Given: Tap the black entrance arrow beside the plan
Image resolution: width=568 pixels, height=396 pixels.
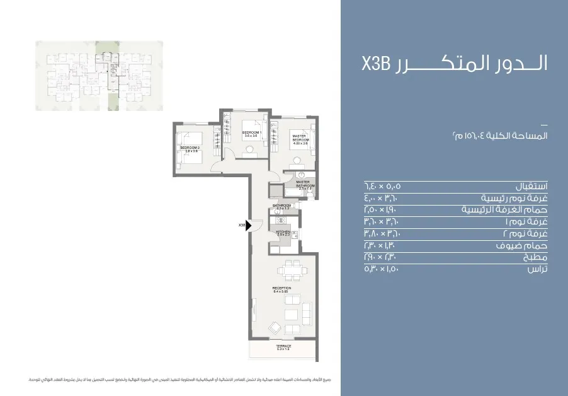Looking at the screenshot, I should pyautogui.click(x=250, y=224).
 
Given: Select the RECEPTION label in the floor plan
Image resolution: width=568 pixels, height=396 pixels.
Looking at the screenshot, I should pyautogui.click(x=281, y=289).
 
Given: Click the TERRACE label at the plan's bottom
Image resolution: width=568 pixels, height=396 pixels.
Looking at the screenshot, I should pyautogui.click(x=283, y=348).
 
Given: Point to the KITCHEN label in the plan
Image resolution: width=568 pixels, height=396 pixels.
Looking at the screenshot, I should pyautogui.click(x=283, y=233).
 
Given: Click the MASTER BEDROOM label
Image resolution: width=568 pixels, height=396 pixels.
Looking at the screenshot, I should pyautogui.click(x=299, y=139).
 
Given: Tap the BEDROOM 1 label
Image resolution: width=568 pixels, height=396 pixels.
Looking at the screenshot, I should pyautogui.click(x=251, y=134).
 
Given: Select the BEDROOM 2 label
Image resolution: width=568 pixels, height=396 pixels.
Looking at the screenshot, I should pyautogui.click(x=190, y=149).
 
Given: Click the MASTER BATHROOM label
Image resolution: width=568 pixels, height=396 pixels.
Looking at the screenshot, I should pyautogui.click(x=305, y=185).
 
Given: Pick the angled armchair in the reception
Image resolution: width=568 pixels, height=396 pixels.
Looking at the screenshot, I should pyautogui.click(x=276, y=327).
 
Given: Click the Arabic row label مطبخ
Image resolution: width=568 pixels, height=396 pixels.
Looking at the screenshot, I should pyautogui.click(x=535, y=257).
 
